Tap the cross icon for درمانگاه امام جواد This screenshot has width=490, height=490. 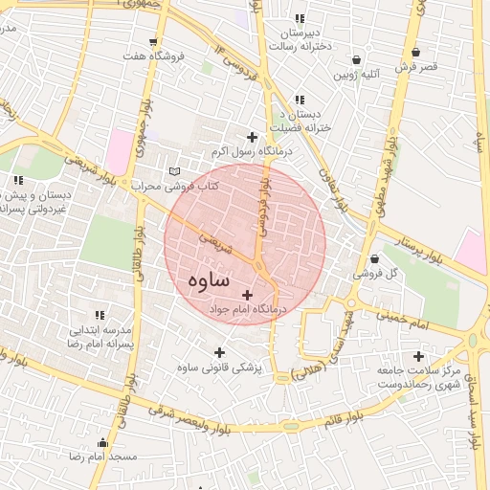pyautogui.click(x=249, y=295)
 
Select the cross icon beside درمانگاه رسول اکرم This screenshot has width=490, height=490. pyautogui.click(x=252, y=137)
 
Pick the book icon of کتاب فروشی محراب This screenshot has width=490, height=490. pyautogui.click(x=173, y=171)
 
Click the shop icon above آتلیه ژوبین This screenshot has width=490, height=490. pyautogui.click(x=357, y=59)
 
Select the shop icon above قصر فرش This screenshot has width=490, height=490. pyautogui.click(x=415, y=53)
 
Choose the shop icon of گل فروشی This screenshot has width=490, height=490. pyautogui.click(x=374, y=258)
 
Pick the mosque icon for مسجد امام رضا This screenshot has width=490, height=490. pyautogui.click(x=103, y=442)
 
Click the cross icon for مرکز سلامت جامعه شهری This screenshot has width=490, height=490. pyautogui.click(x=418, y=356)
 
